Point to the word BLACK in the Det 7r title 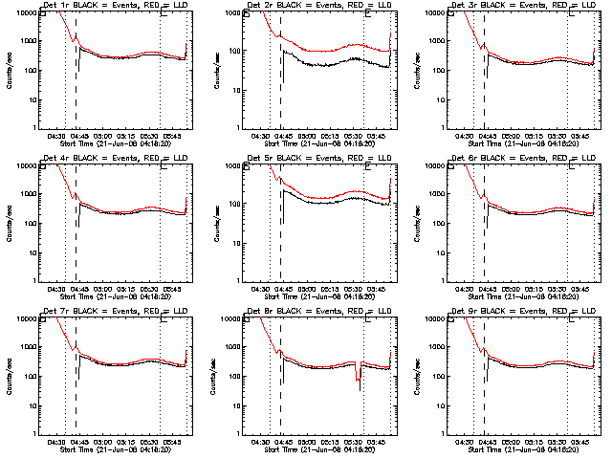(85, 313)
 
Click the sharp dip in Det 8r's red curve (360, 378)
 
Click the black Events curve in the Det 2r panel (325, 64)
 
